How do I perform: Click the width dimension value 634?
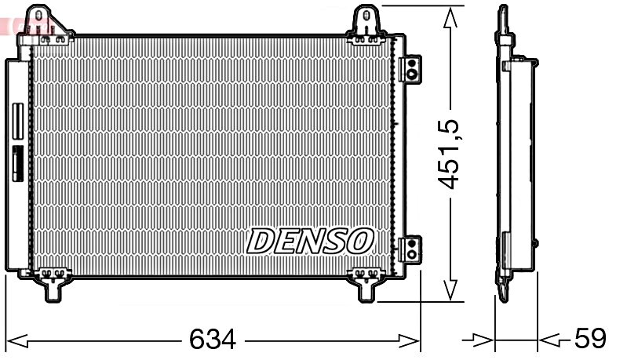pyautogui.click(x=212, y=340)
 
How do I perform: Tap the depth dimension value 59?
pyautogui.click(x=590, y=340)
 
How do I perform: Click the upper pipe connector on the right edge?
pyautogui.click(x=409, y=67)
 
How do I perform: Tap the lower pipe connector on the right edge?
pyautogui.click(x=409, y=249)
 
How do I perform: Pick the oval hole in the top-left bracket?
pyautogui.click(x=37, y=17)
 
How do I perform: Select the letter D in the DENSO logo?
pyautogui.click(x=263, y=241)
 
